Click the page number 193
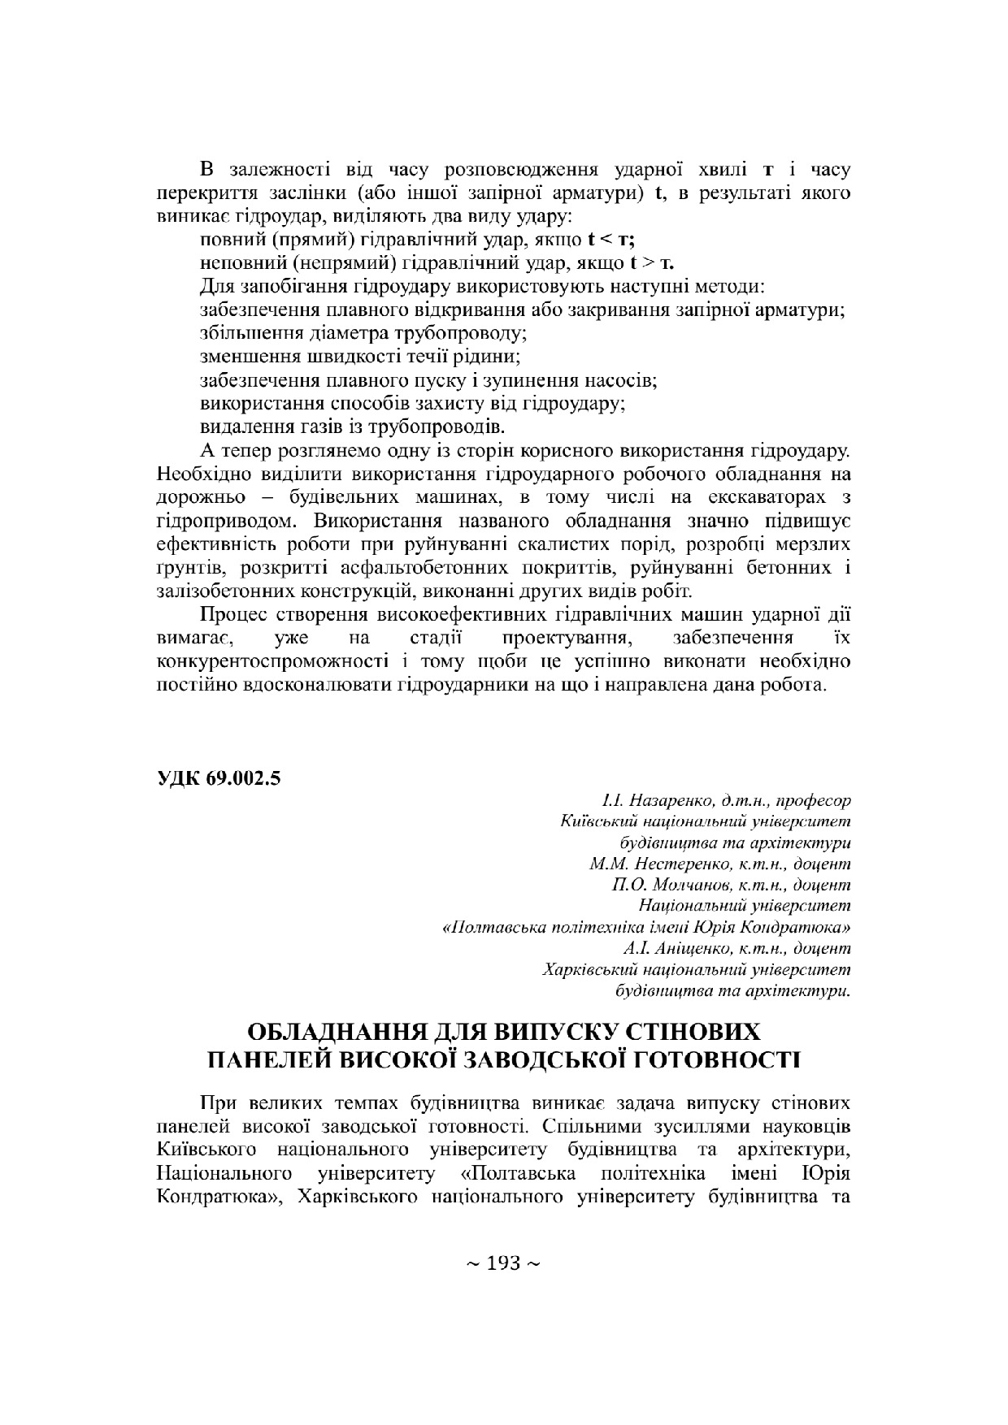point(503,1263)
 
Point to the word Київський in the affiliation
point(594,821)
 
